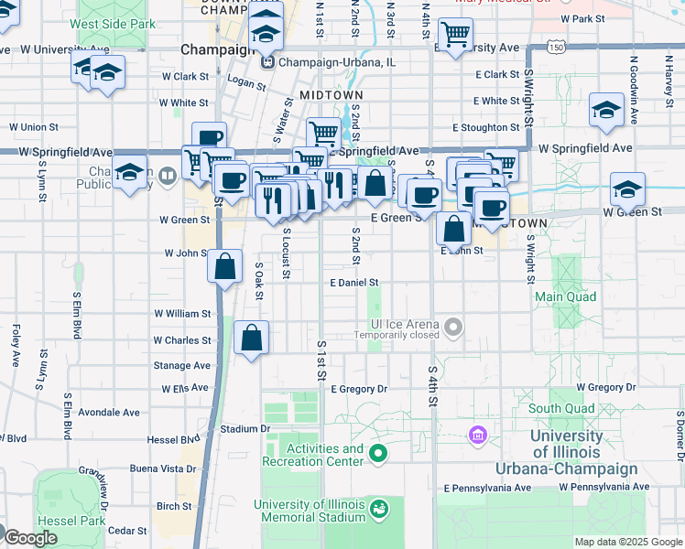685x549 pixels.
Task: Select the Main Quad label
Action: pos(565,296)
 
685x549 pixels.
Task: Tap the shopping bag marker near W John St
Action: pos(224,267)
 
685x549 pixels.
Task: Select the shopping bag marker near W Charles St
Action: pos(252,339)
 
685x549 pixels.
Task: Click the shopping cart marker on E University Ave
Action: pos(454,36)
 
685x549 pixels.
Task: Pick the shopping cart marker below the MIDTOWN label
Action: pos(323,134)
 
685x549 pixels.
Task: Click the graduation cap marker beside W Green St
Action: pos(627,189)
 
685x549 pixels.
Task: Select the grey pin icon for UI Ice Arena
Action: pos(452,326)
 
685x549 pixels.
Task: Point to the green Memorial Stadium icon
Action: pos(378,506)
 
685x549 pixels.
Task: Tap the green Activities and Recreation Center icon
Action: pos(376,453)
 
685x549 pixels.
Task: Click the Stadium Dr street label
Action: pos(245,428)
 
